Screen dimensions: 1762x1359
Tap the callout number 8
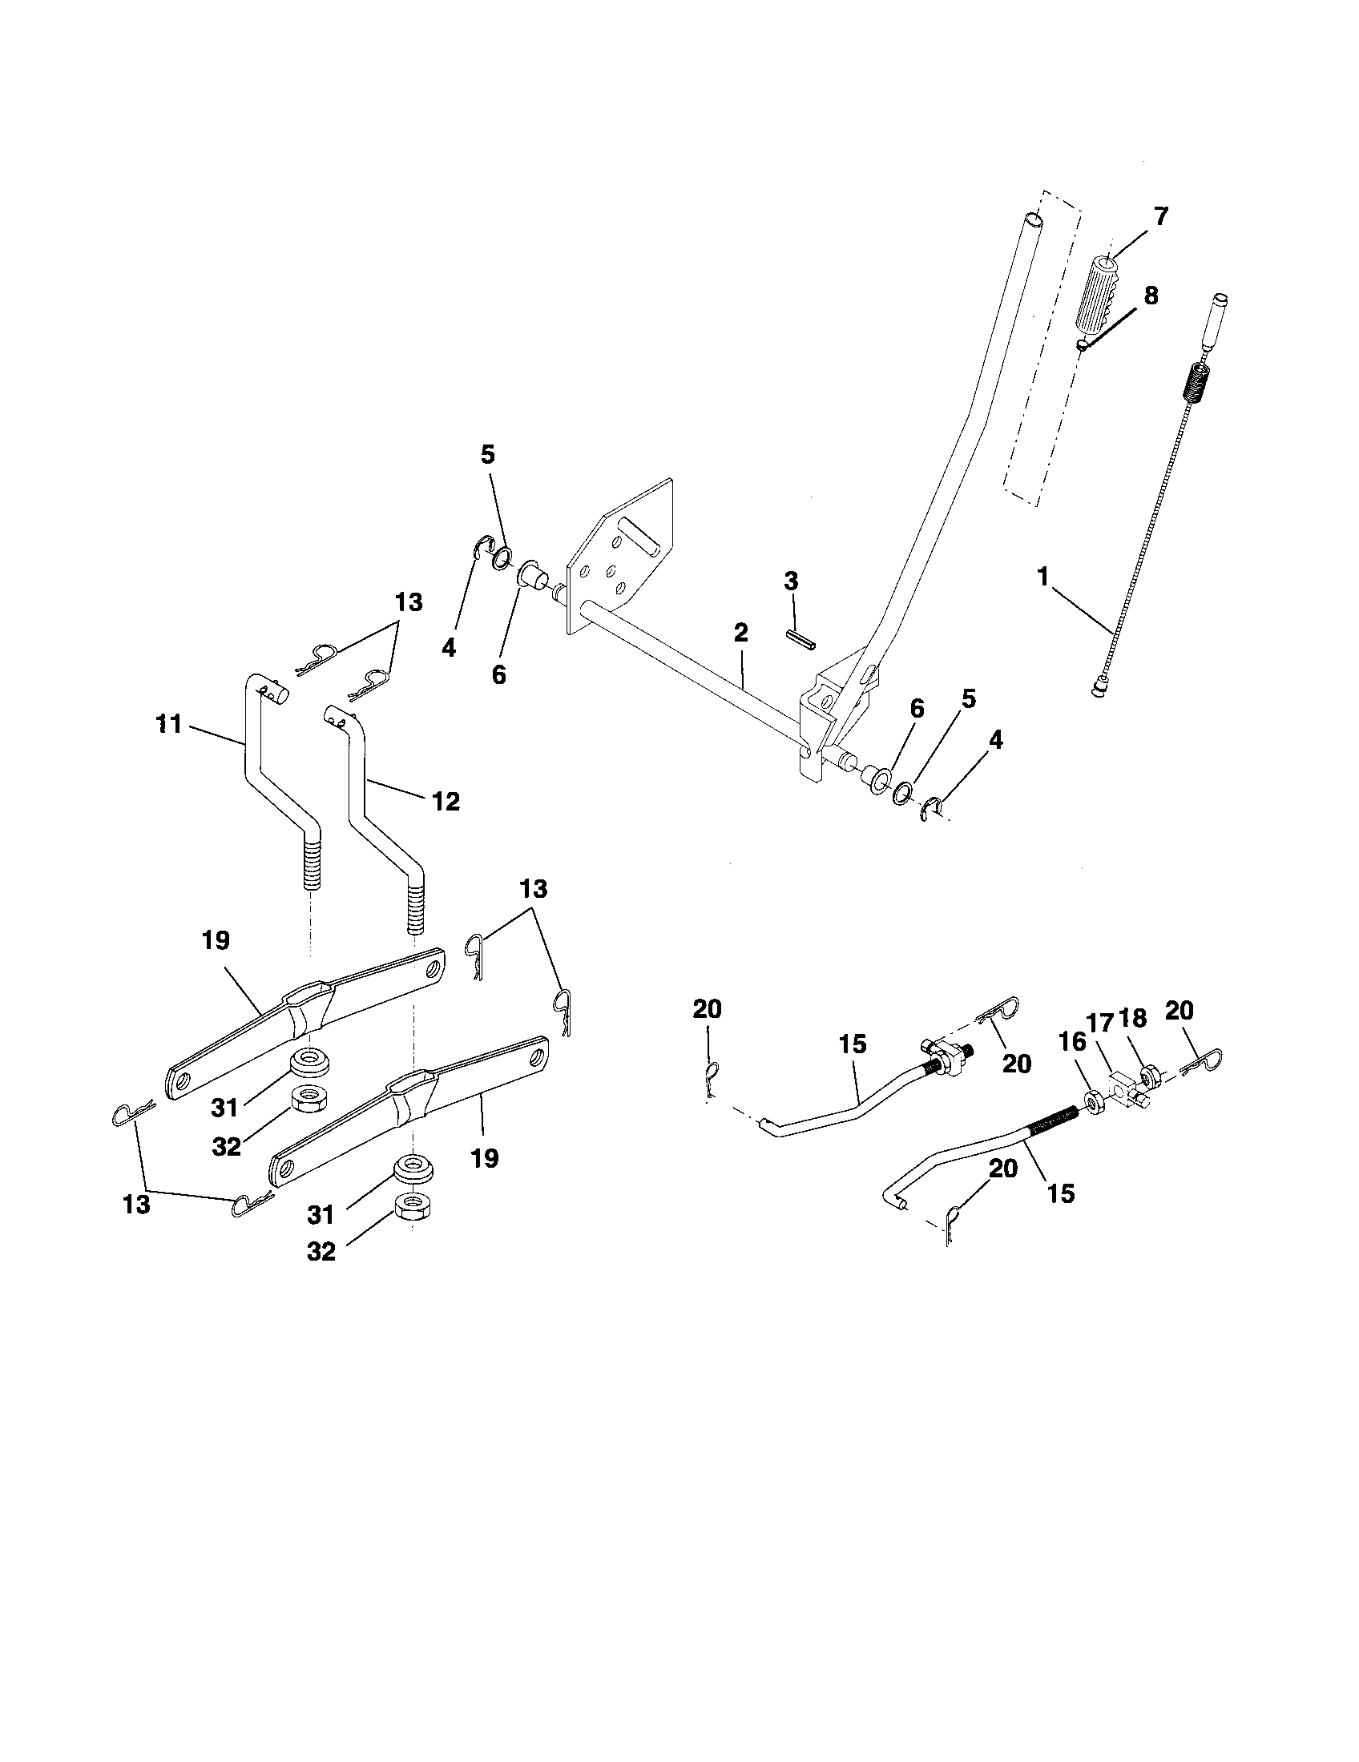point(1151,296)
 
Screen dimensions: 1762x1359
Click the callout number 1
point(1044,577)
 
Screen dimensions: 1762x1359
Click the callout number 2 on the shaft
point(741,633)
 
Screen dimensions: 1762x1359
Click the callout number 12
point(446,801)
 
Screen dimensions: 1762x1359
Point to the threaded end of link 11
point(313,864)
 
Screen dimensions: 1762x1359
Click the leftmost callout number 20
point(707,1009)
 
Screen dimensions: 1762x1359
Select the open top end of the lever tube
point(1032,219)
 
